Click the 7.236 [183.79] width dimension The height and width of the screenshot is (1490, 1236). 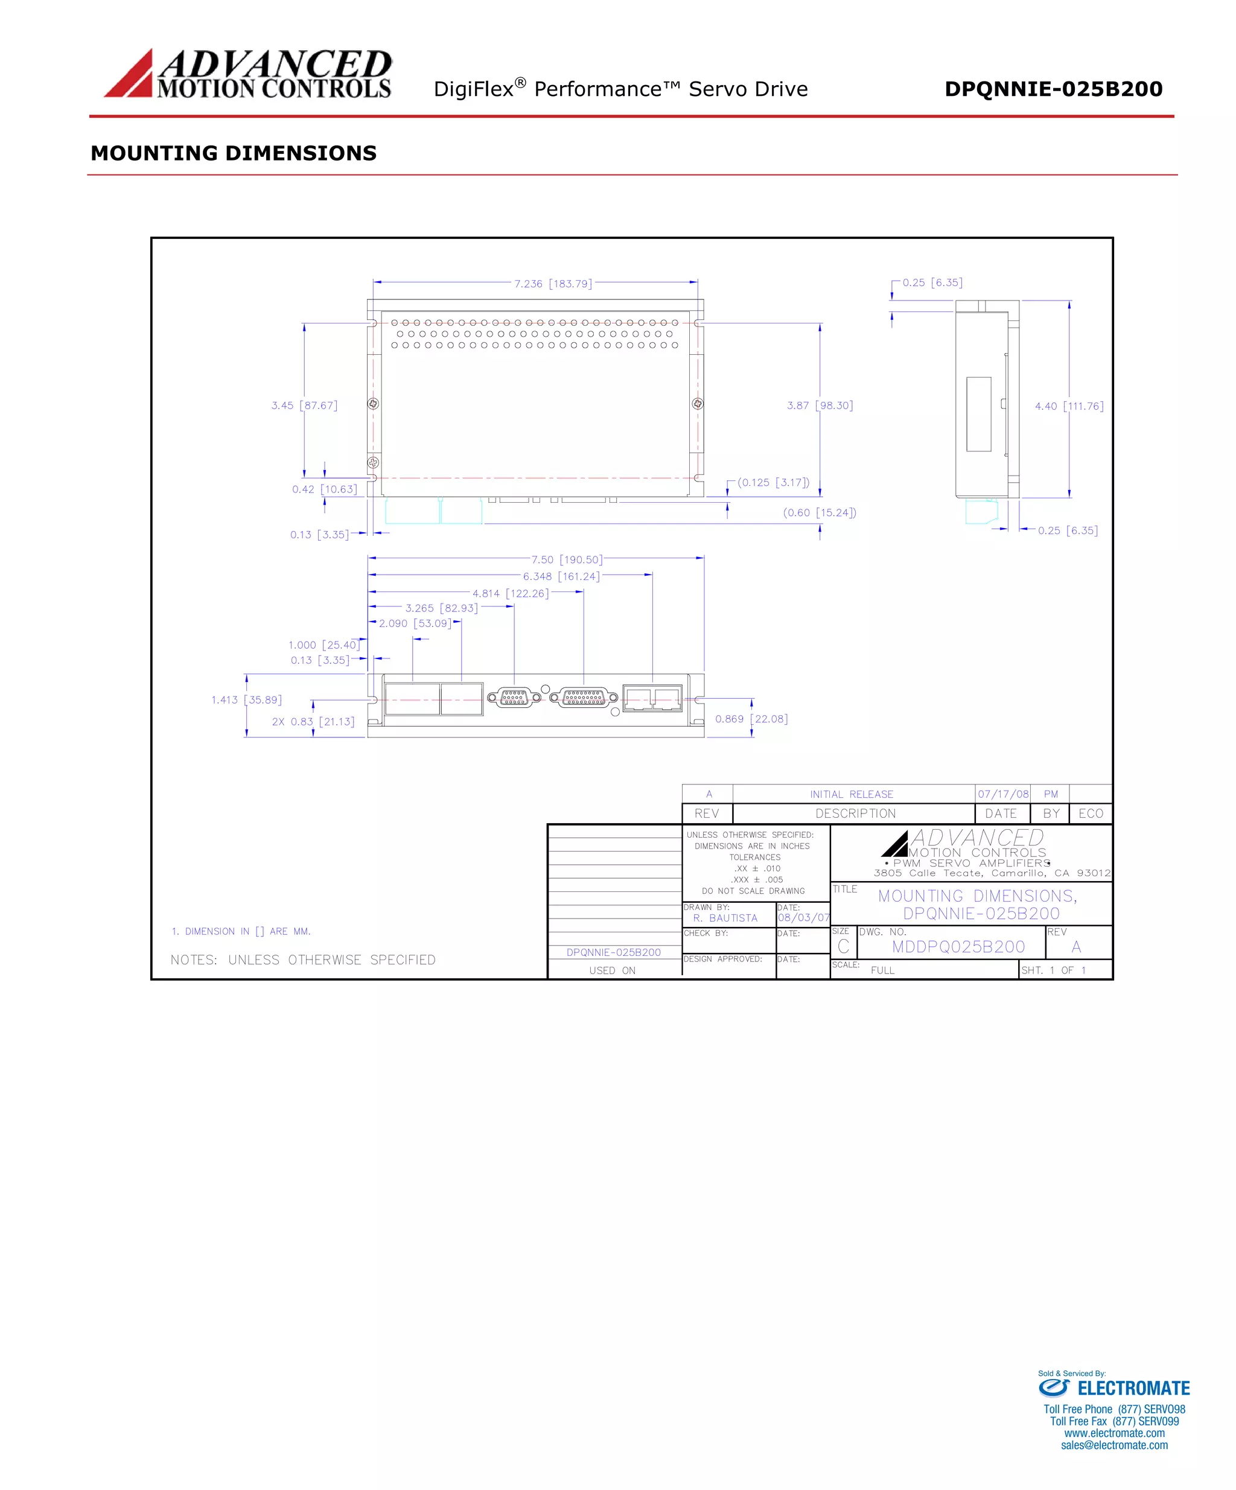tap(553, 284)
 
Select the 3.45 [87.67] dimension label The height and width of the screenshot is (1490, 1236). tap(304, 406)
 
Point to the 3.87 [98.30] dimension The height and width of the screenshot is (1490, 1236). tap(820, 406)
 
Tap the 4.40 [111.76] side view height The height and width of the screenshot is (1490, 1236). tap(1069, 407)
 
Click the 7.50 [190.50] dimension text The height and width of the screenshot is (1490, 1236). tap(567, 560)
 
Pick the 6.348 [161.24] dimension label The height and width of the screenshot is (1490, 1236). tap(561, 577)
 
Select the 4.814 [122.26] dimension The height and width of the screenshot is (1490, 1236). tap(510, 594)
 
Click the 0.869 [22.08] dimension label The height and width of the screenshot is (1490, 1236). tap(751, 719)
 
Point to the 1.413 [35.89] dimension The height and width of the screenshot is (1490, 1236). tap(246, 700)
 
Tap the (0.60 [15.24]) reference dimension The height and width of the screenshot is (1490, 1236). tap(820, 513)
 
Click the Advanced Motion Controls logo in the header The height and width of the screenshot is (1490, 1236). tap(247, 74)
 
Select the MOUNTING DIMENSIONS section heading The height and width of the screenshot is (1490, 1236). tap(234, 153)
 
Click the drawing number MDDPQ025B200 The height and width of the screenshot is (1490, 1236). tap(958, 947)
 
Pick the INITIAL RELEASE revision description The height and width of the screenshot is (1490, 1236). tap(852, 795)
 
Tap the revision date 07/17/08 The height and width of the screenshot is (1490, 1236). tap(1002, 795)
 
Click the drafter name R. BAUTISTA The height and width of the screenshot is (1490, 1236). tap(725, 918)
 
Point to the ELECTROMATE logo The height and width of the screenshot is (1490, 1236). tap(1113, 1389)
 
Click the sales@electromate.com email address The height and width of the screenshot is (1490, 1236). tap(1114, 1445)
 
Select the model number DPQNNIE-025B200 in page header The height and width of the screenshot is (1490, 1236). tap(1053, 89)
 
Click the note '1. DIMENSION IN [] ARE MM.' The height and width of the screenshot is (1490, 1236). tap(241, 932)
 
